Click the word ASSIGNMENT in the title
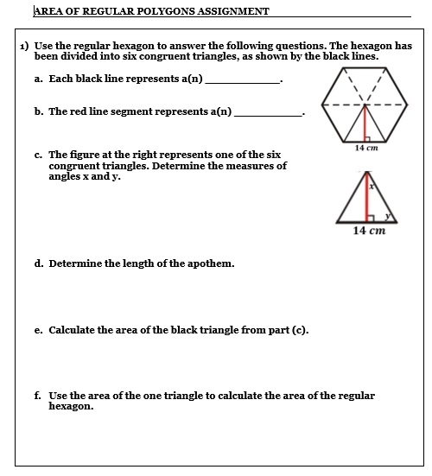(x=226, y=11)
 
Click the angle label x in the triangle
(x=371, y=184)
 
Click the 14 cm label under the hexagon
(x=366, y=148)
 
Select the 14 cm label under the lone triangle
(x=369, y=232)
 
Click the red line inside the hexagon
(x=365, y=124)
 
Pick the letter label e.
(x=39, y=330)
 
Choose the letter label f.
(x=38, y=396)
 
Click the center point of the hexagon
(x=365, y=107)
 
